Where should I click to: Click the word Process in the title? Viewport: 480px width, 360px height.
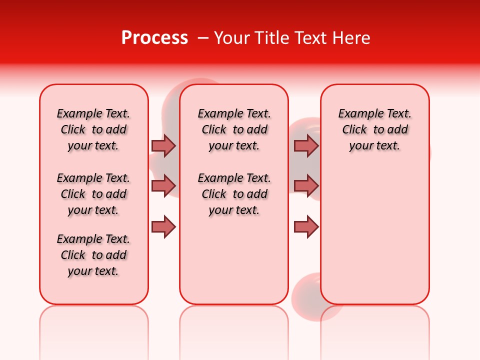[154, 38]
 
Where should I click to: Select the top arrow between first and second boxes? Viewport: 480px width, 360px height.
[163, 145]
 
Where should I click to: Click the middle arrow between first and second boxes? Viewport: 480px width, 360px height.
[163, 186]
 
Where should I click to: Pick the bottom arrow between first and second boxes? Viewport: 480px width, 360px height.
[163, 227]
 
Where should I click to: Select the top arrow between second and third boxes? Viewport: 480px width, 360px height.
[306, 145]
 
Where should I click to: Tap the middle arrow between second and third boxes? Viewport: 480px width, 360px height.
[306, 186]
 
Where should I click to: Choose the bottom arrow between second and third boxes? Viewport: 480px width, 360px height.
[306, 227]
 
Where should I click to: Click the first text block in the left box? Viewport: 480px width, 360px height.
[93, 129]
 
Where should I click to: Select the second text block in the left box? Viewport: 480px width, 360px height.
[93, 194]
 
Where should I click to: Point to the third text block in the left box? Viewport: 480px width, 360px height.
[93, 255]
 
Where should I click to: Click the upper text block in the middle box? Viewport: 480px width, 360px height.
[234, 129]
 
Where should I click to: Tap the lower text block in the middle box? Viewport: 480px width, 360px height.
[234, 194]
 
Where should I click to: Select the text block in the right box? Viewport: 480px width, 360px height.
[374, 129]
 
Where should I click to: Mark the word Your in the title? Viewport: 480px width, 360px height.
[229, 38]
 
